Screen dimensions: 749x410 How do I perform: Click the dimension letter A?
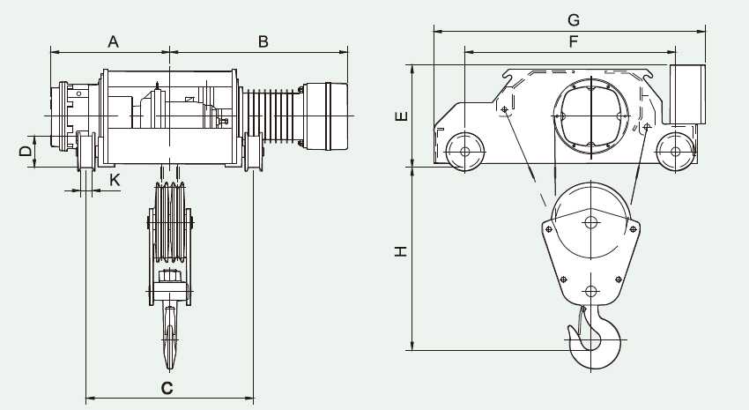(113, 41)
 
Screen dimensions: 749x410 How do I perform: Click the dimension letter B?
(263, 41)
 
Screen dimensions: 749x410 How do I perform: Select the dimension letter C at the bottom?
(167, 388)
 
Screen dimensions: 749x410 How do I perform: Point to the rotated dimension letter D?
(26, 152)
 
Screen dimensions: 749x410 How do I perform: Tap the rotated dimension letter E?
(402, 116)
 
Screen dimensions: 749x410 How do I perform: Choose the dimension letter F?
(574, 41)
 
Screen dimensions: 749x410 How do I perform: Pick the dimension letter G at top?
(574, 20)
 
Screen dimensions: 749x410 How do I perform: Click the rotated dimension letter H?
(401, 251)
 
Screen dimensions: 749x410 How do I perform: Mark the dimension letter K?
(115, 180)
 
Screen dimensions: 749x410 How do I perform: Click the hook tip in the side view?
(569, 329)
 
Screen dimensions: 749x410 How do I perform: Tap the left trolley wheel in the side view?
(464, 152)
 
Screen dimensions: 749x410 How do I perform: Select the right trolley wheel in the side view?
(675, 152)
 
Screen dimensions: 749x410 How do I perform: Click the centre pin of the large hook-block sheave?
(591, 222)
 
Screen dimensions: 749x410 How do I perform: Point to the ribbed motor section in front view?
(273, 116)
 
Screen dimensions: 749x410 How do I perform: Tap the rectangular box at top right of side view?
(687, 94)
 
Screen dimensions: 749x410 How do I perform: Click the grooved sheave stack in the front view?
(169, 222)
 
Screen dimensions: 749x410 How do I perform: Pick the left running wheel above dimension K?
(86, 151)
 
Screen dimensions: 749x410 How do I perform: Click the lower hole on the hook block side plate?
(591, 292)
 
